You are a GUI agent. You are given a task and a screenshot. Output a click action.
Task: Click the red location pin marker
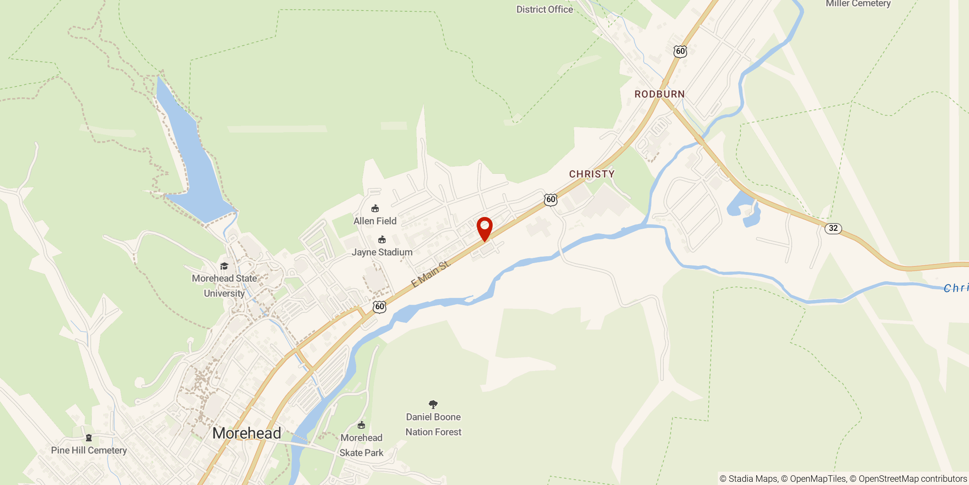tap(484, 228)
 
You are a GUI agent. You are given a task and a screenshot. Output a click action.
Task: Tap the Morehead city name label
tap(247, 433)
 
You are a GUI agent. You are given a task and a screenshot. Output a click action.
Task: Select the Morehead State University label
tap(224, 286)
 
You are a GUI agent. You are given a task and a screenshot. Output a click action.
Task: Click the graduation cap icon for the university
tap(224, 266)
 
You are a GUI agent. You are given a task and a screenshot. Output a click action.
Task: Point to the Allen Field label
tap(375, 221)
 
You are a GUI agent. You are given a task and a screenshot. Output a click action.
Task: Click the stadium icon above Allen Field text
tap(375, 209)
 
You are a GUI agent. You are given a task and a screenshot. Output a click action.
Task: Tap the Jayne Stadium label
tap(382, 252)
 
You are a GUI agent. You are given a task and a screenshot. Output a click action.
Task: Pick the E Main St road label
tap(430, 274)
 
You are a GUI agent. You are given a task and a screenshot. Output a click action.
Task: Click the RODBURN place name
tap(659, 94)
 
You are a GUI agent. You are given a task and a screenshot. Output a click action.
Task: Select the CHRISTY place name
tap(591, 174)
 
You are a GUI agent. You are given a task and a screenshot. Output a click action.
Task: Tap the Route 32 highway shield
tap(833, 228)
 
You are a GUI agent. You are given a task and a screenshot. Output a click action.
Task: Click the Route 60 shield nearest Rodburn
tap(680, 51)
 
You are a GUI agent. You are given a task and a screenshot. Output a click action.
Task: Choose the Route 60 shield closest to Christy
tap(551, 200)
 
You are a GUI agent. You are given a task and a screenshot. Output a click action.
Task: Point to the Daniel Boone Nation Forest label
tap(433, 424)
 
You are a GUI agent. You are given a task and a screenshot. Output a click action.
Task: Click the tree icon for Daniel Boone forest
tap(433, 404)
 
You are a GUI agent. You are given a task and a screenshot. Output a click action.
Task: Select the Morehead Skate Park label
tap(361, 445)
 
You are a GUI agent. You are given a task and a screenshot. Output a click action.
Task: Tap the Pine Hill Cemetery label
tap(89, 450)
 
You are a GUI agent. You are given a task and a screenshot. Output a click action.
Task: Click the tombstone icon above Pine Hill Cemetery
tap(89, 438)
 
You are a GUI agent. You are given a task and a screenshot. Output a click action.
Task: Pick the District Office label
tap(545, 9)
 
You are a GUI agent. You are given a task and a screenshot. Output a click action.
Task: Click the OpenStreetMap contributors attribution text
tap(912, 479)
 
